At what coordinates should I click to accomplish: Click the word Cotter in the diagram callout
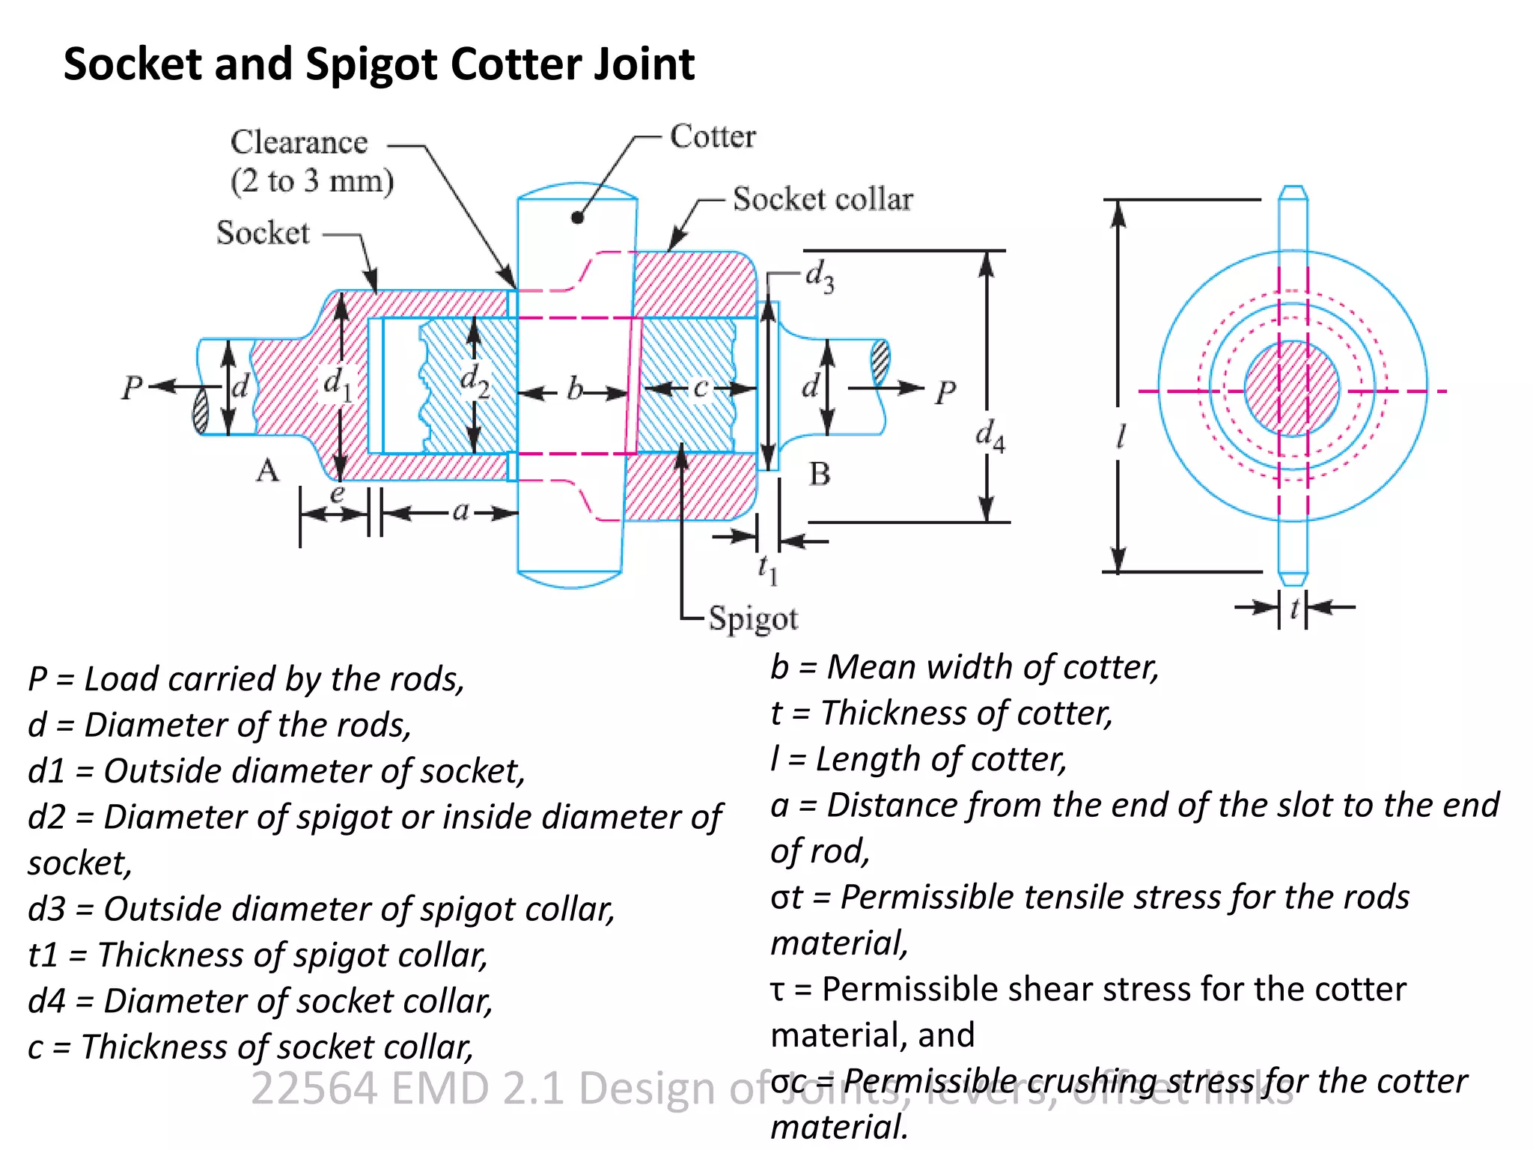tap(712, 137)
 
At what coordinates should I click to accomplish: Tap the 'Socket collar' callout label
tap(822, 199)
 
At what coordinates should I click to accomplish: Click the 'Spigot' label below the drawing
tap(752, 619)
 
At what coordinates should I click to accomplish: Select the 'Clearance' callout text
tap(299, 142)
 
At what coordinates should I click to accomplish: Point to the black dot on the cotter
tap(577, 218)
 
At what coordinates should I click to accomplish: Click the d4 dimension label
tap(990, 436)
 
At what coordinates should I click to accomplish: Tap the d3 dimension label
tap(819, 276)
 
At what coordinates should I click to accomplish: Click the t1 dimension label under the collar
tap(767, 570)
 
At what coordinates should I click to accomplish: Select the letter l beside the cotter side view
tap(1121, 436)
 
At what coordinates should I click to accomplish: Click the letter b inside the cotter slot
tap(574, 389)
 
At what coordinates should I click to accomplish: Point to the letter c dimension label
tap(700, 388)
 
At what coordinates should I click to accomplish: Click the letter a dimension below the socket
tap(460, 511)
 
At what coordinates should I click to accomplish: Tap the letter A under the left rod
tap(267, 471)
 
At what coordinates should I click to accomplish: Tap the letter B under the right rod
tap(820, 474)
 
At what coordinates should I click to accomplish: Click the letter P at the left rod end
tap(132, 388)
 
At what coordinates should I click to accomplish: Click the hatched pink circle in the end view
tap(1292, 389)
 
